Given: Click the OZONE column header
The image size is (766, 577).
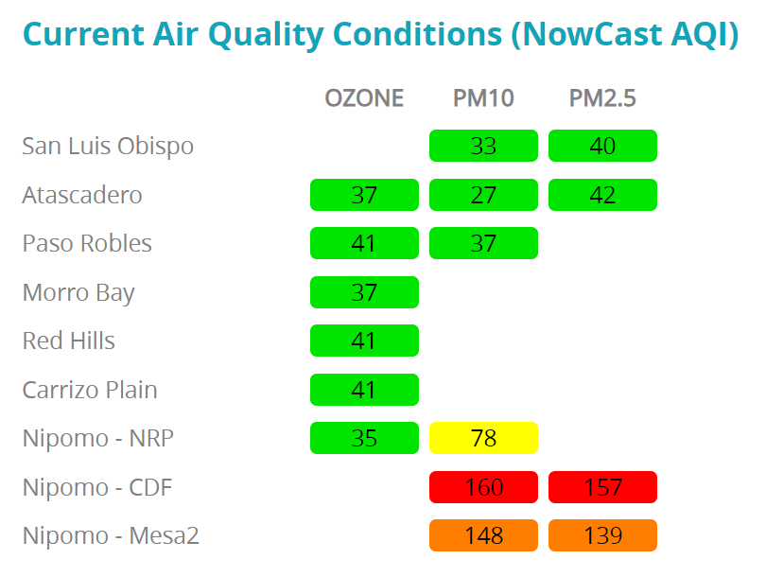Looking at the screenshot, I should (364, 98).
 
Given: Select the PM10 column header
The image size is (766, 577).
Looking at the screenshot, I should (483, 98).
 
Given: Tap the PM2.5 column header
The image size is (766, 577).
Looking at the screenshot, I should (602, 98).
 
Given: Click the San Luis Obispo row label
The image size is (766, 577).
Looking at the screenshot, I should (108, 147).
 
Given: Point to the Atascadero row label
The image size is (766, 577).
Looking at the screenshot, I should (82, 195).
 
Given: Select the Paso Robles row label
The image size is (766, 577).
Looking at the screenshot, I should (87, 244).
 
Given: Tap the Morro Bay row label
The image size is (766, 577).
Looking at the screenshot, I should (78, 293).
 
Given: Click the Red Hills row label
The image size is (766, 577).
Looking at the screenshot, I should (69, 341).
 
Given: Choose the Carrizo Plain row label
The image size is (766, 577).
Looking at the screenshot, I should (90, 391).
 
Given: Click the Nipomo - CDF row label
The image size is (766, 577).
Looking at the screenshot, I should (97, 488).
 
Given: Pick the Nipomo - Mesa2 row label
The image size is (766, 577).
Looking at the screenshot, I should (111, 536).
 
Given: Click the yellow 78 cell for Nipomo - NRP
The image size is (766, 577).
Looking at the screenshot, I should (483, 438).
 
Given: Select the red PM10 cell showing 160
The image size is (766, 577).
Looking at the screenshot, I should (483, 487).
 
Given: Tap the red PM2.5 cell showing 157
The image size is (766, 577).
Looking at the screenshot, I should (602, 487).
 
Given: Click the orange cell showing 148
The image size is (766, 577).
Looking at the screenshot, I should (483, 535).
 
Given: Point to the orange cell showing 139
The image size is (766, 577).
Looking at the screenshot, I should (602, 535).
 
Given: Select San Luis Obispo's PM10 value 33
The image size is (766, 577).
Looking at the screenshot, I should (483, 146).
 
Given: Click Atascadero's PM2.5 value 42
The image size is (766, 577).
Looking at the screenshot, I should (602, 195).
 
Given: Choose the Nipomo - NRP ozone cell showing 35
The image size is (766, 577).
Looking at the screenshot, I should (364, 438).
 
